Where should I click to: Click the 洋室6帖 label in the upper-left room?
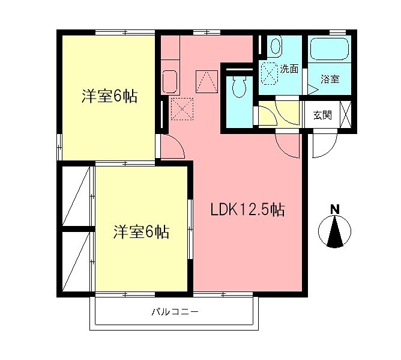(x=110, y=96)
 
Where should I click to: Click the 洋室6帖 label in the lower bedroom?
(x=141, y=231)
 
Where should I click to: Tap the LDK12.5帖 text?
(x=247, y=210)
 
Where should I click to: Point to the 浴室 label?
(x=330, y=79)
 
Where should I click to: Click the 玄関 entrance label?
(x=322, y=115)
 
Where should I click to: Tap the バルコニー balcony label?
(x=174, y=312)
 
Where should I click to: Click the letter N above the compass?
(x=335, y=209)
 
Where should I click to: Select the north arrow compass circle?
(x=335, y=231)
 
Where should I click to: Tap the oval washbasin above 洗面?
(x=275, y=46)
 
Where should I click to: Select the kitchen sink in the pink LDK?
(x=170, y=81)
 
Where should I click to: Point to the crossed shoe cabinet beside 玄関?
(x=346, y=115)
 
